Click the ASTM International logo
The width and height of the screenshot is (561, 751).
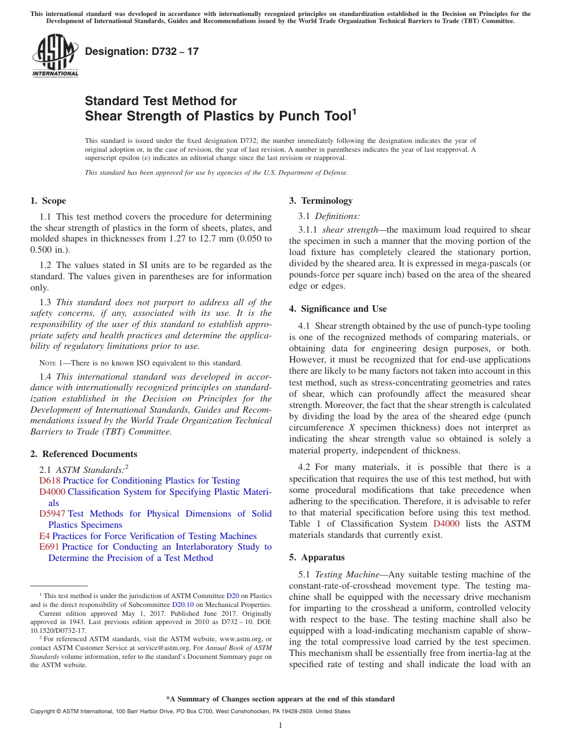pos(55,56)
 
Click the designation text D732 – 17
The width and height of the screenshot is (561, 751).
pos(142,52)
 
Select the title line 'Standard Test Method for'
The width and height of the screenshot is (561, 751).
pos(161,101)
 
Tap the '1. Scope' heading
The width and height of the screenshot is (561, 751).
pos(48,201)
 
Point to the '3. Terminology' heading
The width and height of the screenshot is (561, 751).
pos(321,201)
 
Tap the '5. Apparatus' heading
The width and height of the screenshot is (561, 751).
pos(317,557)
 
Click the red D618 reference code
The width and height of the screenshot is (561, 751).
pos(50,481)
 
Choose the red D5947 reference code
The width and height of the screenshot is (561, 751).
pos(52,514)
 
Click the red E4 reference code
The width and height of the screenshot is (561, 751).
pos(44,536)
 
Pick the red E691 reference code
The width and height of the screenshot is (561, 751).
pos(50,547)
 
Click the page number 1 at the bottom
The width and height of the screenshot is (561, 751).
pos(280,726)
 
